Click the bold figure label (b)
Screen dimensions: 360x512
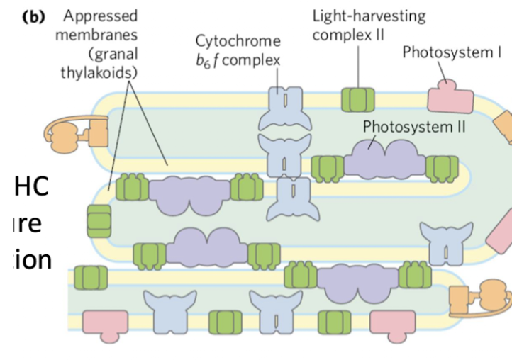[34, 17]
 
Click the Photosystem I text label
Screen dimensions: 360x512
[452, 51]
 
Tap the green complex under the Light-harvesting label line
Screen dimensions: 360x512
[357, 99]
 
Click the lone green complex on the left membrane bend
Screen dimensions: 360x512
[99, 220]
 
